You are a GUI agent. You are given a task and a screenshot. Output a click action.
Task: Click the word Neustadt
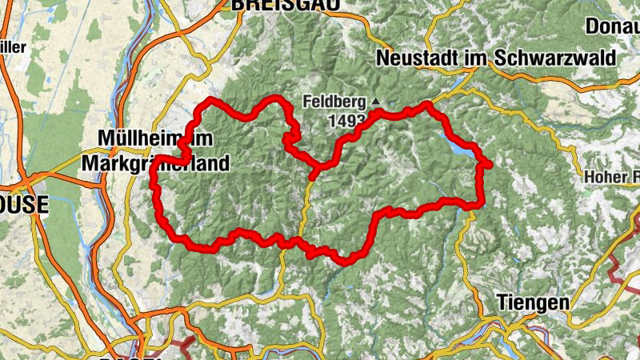(412, 58)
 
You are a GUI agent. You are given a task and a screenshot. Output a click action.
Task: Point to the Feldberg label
(334, 102)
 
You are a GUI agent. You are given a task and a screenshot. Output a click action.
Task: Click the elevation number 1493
(346, 121)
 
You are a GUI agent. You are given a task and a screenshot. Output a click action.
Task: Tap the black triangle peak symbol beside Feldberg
(376, 102)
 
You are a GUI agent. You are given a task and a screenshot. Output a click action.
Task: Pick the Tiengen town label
(533, 302)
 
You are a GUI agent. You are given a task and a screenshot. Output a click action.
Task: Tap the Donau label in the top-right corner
(612, 26)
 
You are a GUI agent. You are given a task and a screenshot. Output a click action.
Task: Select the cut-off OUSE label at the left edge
(24, 205)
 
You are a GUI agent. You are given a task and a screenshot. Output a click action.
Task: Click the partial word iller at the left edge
(13, 46)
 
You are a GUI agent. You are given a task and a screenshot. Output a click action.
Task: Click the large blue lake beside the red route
(461, 149)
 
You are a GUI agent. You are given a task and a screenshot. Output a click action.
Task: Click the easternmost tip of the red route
(488, 165)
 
